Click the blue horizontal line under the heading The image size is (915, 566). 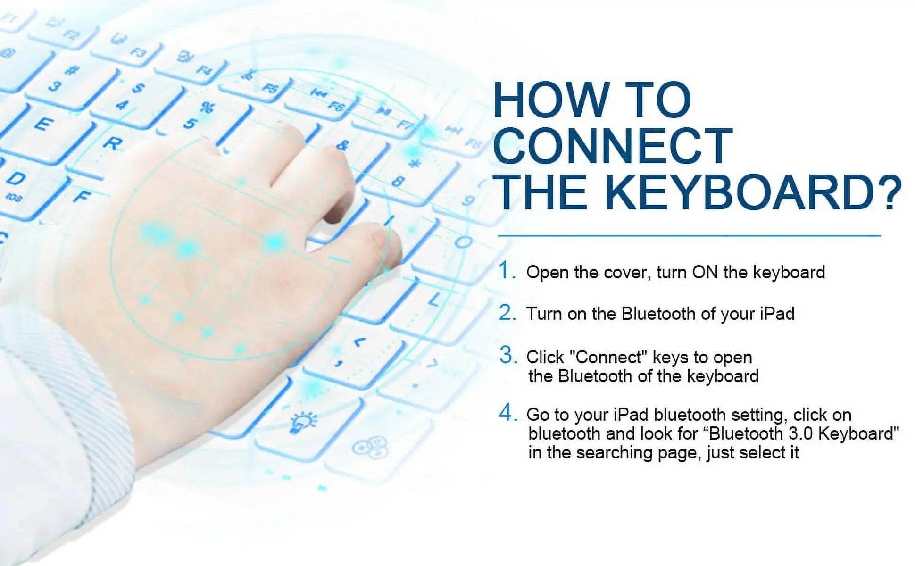[689, 235]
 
